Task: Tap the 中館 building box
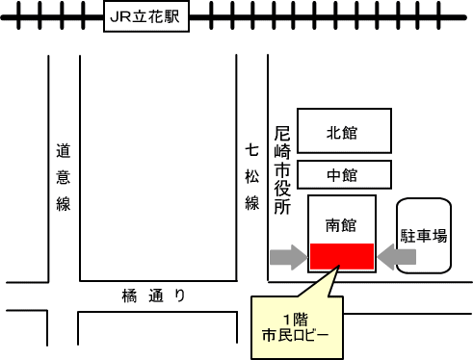pos(344,175)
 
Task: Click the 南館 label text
pos(341,226)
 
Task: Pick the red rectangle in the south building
pos(341,256)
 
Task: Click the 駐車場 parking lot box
pos(424,236)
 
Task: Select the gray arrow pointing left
pos(397,256)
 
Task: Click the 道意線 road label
pos(64,177)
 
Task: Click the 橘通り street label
pos(152,296)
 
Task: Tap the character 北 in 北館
pos(334,133)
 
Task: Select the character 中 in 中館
pos(334,175)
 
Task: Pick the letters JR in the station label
pos(121,16)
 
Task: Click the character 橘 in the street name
pos(130,296)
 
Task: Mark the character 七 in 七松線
pos(252,151)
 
